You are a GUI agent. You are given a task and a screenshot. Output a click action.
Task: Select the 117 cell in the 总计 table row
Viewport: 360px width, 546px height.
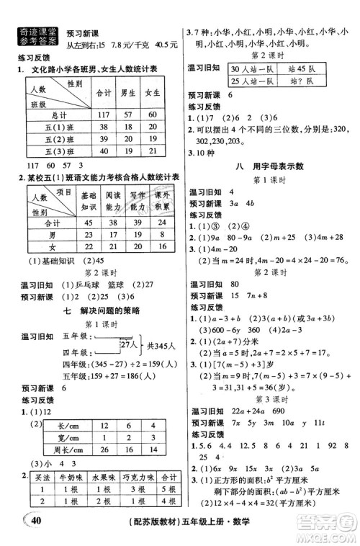tap(102, 115)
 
